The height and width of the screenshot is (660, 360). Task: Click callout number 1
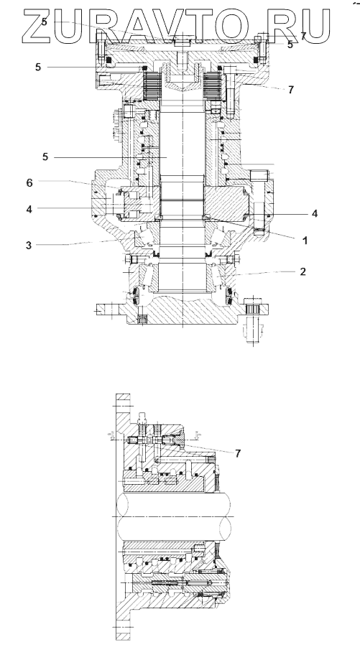[x=305, y=241]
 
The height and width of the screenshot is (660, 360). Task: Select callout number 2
[x=303, y=271]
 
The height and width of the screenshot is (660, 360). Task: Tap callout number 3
[x=29, y=246]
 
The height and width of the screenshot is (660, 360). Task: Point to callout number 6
[x=29, y=182]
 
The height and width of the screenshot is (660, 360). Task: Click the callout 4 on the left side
[x=29, y=209]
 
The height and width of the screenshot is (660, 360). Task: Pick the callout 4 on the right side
[x=315, y=214]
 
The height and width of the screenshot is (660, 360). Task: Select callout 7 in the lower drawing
[x=238, y=453]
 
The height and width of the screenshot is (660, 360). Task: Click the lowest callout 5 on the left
[x=45, y=157]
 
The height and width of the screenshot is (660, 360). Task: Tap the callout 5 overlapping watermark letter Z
[x=45, y=22]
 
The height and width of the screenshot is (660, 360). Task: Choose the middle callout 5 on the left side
[x=38, y=67]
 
